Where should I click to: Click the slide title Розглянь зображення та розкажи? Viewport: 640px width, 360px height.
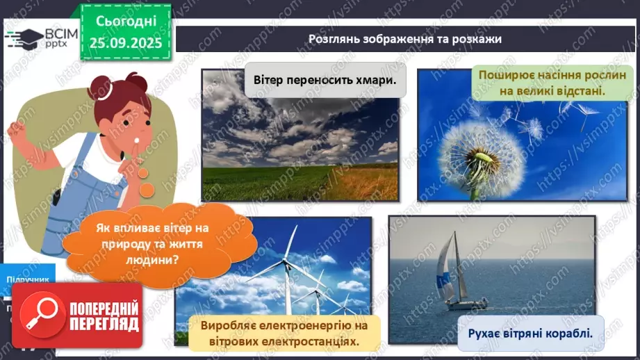[405, 39]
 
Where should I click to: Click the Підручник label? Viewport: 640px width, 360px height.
[28, 279]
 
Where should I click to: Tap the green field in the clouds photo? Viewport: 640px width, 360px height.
[264, 183]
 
